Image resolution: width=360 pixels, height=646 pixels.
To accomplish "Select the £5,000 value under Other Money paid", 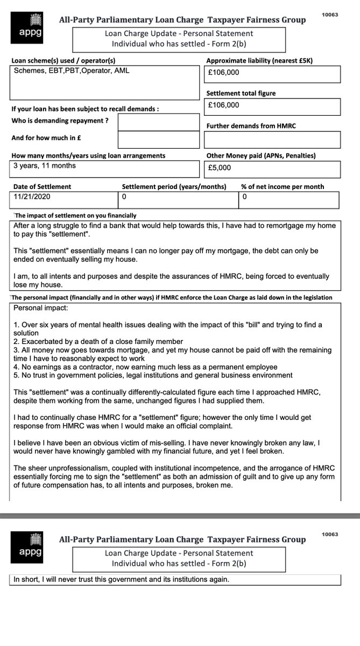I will click(220, 167).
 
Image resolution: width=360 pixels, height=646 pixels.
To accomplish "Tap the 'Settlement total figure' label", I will click(241, 94).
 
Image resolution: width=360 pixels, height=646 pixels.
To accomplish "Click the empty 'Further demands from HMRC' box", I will click(272, 139).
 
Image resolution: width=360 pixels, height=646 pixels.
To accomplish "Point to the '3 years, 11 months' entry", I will click(45, 166).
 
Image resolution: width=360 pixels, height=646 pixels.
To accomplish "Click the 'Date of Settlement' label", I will click(41, 187).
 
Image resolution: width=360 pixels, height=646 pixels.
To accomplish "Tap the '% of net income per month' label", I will click(283, 187).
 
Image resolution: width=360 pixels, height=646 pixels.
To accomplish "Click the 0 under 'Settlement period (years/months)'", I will click(124, 197).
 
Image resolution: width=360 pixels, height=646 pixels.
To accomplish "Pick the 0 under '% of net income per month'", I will click(244, 197).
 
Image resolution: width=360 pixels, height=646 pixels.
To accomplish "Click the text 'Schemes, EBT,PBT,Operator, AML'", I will click(71, 71).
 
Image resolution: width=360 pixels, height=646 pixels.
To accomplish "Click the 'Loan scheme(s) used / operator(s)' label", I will click(63, 60).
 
